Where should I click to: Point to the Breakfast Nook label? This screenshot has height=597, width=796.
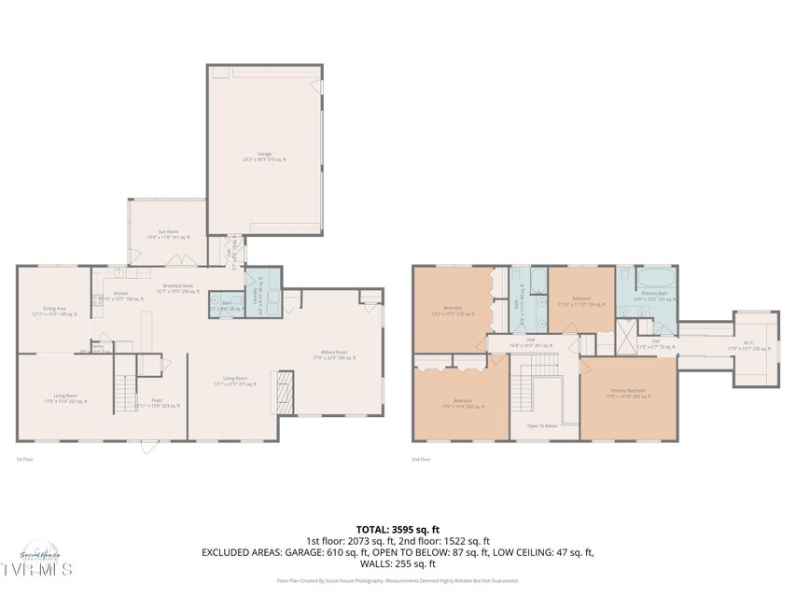point(178,288)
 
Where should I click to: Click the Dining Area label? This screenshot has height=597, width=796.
point(54,311)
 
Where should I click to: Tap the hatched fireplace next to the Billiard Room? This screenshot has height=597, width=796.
point(283,392)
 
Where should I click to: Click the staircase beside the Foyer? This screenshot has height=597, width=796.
point(124,394)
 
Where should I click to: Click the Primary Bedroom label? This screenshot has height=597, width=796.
point(626,394)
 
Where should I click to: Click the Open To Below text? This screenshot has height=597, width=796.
point(543,425)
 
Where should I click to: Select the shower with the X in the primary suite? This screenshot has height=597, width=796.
point(626,332)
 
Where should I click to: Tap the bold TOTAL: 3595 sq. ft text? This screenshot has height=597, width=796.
point(398,530)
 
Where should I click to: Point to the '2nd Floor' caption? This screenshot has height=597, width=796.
point(422,459)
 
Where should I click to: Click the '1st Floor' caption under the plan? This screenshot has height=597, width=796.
point(25,459)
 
